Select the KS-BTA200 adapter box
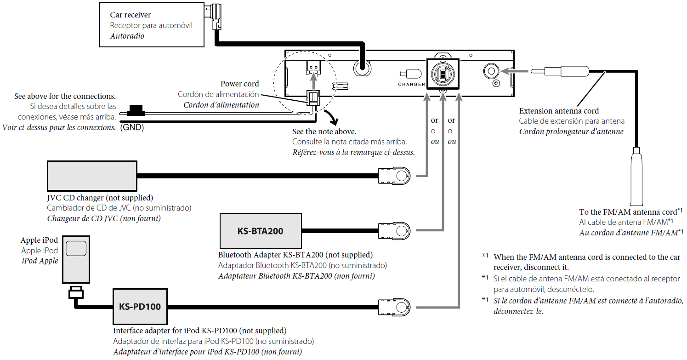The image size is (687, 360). pos(261,231)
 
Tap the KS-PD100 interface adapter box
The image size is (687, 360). pos(140,306)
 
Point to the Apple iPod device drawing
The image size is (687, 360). pos(76,260)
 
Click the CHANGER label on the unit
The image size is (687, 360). pos(412,84)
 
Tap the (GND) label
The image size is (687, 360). pos(132,128)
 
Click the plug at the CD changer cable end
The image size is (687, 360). pos(394,176)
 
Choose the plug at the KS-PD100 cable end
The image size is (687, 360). pos(394,306)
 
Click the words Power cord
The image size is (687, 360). pos(239,84)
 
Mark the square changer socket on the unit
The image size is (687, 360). pos(443,74)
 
